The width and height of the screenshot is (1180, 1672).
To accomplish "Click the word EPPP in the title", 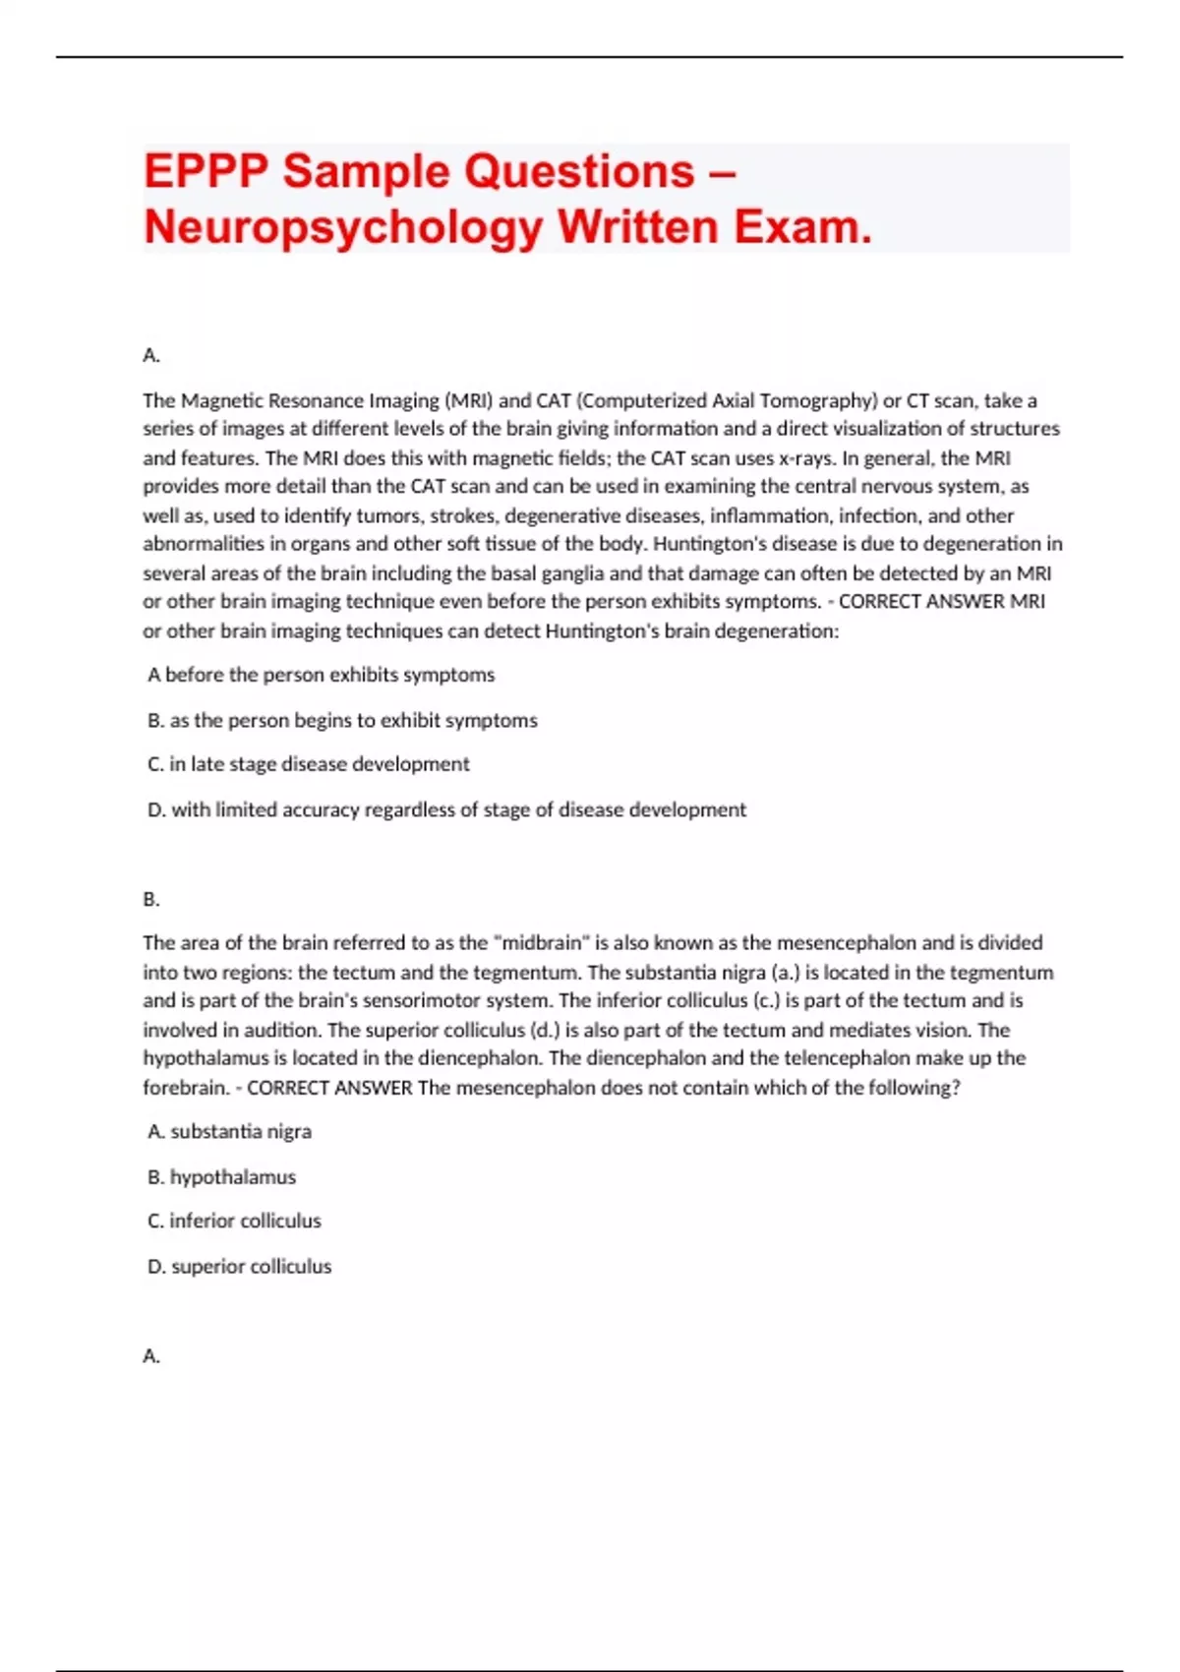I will coord(206,172).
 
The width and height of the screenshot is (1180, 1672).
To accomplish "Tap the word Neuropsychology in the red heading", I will coord(343,228).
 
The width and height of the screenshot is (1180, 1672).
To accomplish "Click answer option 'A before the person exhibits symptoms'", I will coord(321,675).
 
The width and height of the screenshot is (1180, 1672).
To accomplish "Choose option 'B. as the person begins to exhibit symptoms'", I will coord(342,720).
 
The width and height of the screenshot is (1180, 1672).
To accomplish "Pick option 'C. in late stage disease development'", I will coord(308,764).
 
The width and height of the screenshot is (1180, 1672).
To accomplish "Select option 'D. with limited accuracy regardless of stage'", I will coord(446,809).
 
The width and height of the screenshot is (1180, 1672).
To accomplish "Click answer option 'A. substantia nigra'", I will coord(229,1131).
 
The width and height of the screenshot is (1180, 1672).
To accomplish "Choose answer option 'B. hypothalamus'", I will coord(221,1176).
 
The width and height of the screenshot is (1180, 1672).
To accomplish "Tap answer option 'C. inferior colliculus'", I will coord(234,1221).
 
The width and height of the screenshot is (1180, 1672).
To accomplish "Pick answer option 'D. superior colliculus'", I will coord(239,1266).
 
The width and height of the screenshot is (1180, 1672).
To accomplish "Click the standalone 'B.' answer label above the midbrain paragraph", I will coord(151,899).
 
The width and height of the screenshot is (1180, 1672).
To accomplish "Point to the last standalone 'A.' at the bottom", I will coord(151,1356).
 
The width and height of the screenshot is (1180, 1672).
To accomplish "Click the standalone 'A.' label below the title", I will coord(151,355).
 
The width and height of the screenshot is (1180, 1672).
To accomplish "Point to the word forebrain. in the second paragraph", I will coord(187,1088).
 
